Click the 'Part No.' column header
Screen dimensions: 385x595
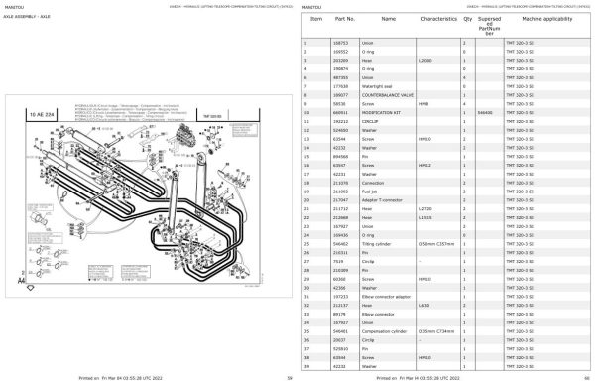pyautogui.click(x=344, y=19)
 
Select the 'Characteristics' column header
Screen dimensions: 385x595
pyautogui.click(x=436, y=19)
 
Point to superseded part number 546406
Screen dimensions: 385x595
pyautogui.click(x=485, y=113)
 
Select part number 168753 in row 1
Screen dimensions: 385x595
pyautogui.click(x=340, y=45)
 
